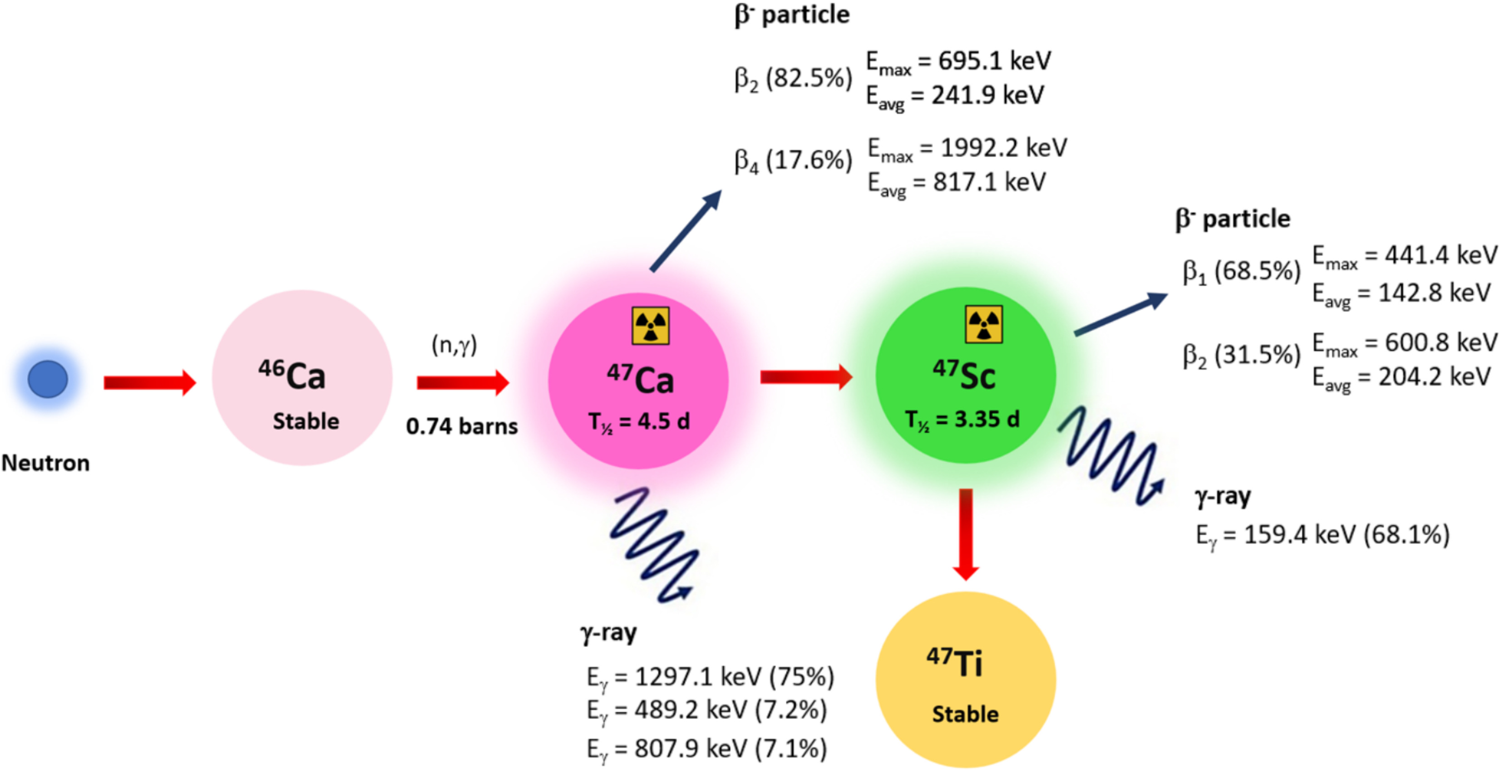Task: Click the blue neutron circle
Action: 48,379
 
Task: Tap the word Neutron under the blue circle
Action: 45,463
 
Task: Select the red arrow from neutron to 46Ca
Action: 150,383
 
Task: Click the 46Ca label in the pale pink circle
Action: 292,376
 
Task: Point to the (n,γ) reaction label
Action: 454,345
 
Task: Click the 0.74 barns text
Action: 461,426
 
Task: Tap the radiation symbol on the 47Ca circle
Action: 650,325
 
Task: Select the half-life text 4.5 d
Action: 639,421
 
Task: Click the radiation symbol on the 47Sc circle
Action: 983,324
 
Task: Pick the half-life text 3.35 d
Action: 962,419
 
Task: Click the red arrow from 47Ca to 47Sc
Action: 806,378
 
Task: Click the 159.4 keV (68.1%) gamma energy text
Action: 1323,535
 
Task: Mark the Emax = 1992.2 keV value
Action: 967,148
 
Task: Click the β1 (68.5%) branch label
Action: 1241,271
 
